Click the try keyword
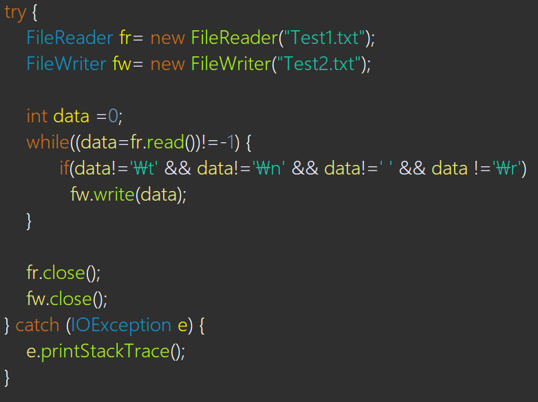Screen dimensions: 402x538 [x=14, y=12]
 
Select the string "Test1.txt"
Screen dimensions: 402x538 [x=322, y=38]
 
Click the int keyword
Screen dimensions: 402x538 [x=37, y=116]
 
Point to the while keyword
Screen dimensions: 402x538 [x=47, y=142]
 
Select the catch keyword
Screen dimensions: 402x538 [x=37, y=325]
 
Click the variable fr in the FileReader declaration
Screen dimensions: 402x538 [x=125, y=38]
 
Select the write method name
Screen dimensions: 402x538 [x=113, y=194]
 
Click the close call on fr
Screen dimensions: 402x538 [x=65, y=273]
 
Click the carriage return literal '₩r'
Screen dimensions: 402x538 [x=510, y=168]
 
